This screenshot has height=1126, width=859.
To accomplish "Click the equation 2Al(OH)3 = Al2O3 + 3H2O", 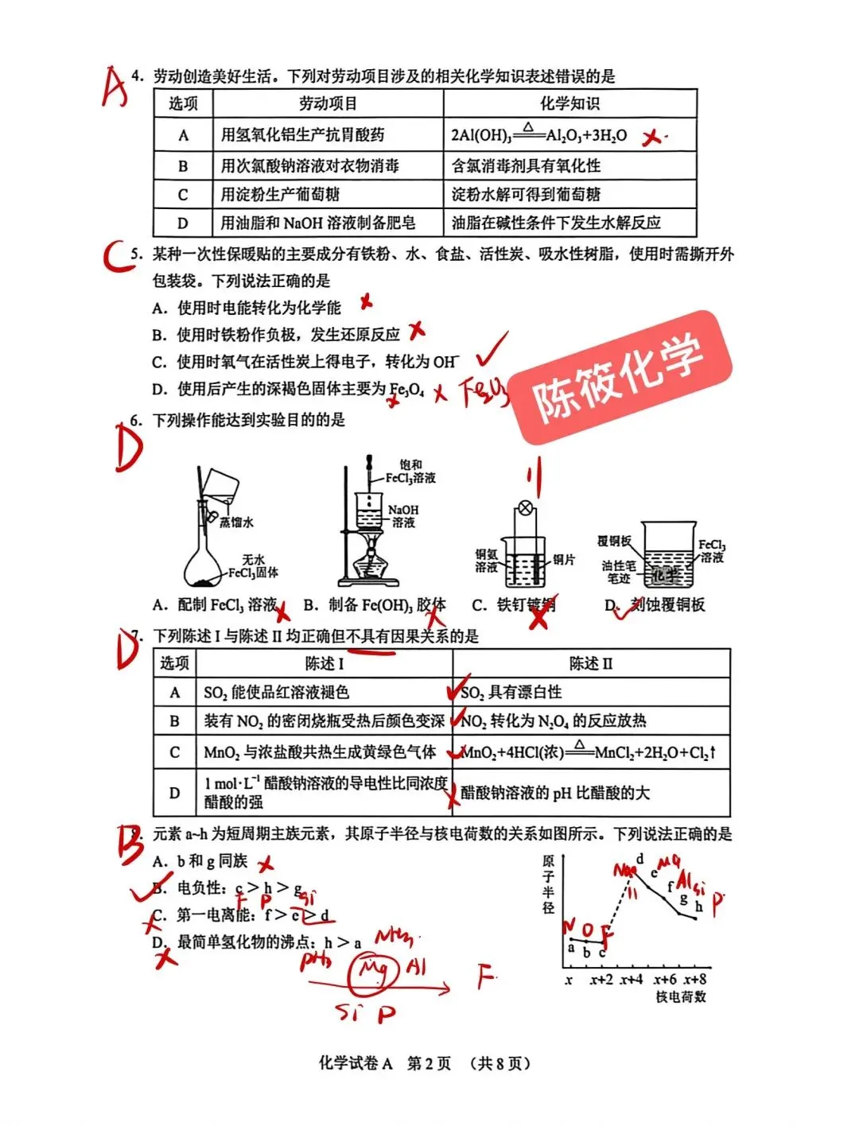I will point(538,134).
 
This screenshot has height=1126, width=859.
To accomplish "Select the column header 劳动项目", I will point(328,103).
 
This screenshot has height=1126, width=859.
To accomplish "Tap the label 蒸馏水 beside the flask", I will point(236,522).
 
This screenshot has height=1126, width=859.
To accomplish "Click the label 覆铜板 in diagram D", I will point(613,542).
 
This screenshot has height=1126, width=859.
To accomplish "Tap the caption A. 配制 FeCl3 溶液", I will point(215,605).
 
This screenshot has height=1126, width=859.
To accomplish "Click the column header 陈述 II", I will point(590,663).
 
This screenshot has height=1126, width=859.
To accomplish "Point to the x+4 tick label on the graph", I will point(632,980).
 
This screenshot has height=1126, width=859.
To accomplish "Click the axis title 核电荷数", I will point(680,996).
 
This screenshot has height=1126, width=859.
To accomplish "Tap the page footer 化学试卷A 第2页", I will point(385,1063).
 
